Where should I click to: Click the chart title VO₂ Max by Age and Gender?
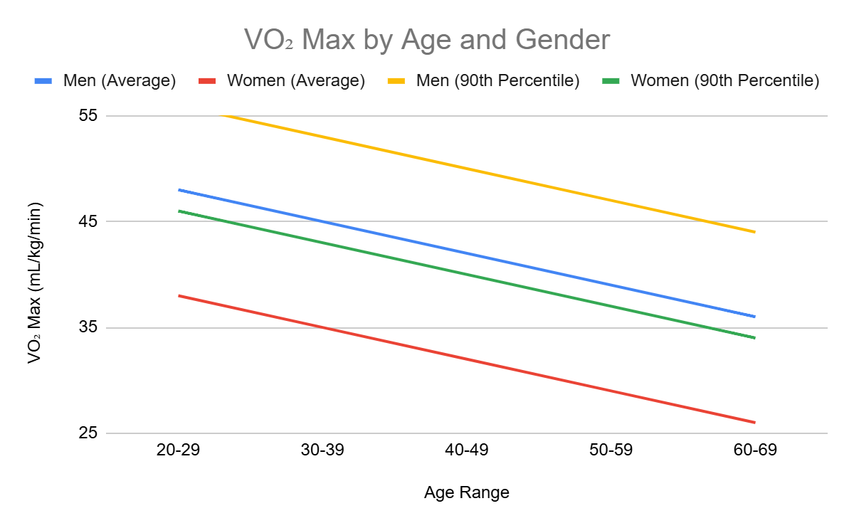point(427,40)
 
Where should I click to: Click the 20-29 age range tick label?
point(179,450)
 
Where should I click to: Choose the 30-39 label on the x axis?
point(322,450)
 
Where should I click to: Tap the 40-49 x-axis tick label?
point(466,450)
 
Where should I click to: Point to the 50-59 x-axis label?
point(610,450)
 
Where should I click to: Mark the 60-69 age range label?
point(754,450)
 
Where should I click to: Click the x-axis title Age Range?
point(466,492)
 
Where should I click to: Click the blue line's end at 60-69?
point(754,316)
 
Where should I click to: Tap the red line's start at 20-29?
point(179,295)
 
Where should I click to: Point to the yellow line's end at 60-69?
point(754,231)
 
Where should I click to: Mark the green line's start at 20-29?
point(179,211)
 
